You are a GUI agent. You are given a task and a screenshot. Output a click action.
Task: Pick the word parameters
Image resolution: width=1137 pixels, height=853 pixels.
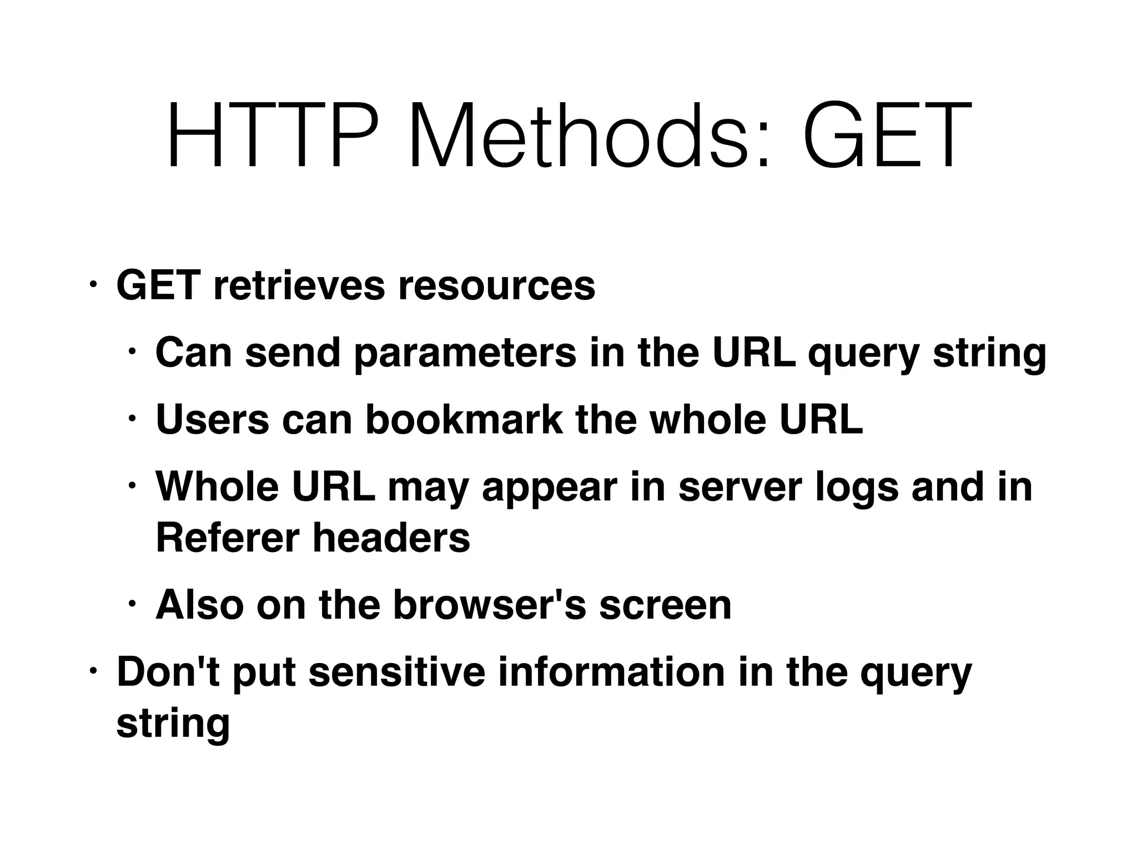[x=465, y=353]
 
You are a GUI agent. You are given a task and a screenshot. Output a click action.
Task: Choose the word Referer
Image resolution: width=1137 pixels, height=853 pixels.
[x=228, y=538]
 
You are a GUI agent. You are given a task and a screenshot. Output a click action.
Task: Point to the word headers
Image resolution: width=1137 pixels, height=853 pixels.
[x=391, y=538]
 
